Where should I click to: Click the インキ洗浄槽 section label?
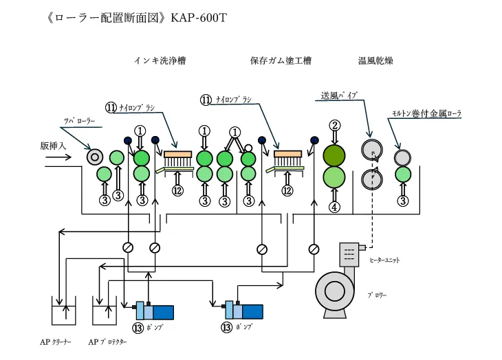point(160,61)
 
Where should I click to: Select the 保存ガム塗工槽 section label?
point(281,61)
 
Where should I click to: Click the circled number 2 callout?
point(335,125)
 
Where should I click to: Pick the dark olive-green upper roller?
point(335,155)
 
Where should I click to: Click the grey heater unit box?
point(351,255)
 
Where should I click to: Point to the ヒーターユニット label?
point(384,260)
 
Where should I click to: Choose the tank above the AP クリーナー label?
point(66,311)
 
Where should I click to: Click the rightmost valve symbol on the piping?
point(314,248)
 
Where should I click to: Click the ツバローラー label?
point(78,121)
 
